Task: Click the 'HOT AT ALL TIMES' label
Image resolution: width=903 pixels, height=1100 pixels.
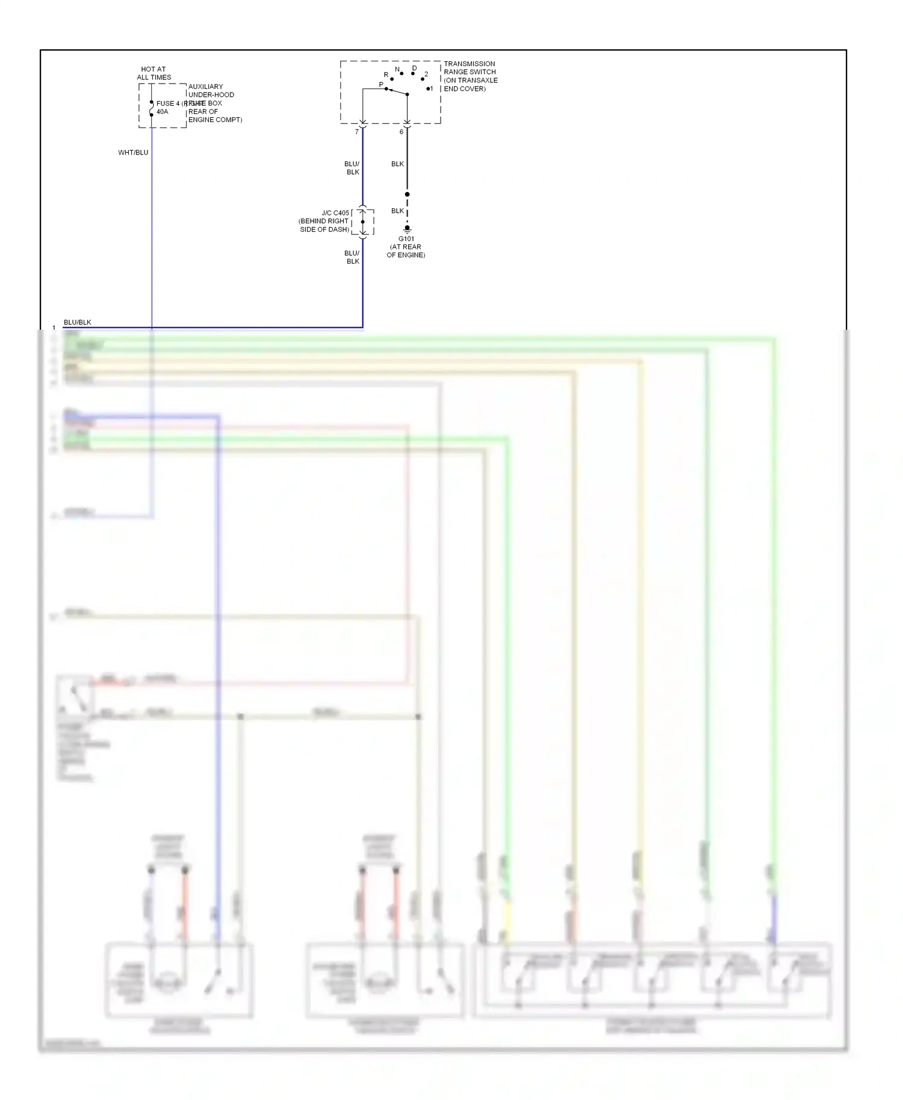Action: (154, 73)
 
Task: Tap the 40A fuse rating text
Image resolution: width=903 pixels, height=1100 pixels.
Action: (163, 112)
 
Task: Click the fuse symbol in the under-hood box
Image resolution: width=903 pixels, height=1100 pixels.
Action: (151, 108)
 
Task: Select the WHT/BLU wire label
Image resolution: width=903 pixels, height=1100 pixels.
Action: (133, 153)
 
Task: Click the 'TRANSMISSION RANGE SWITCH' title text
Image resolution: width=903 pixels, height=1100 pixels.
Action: (470, 68)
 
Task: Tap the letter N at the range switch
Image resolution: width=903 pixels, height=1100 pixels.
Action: (397, 70)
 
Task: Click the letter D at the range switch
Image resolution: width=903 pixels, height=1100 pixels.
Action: (414, 69)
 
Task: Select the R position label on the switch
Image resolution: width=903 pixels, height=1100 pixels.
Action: (386, 75)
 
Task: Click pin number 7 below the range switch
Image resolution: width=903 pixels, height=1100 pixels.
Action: (356, 132)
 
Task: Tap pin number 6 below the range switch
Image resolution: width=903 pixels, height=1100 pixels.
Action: (402, 132)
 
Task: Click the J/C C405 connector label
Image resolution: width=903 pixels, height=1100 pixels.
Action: (335, 213)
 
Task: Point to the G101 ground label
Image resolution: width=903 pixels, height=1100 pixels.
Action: (406, 239)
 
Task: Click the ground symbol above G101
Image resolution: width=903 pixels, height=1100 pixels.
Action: (407, 229)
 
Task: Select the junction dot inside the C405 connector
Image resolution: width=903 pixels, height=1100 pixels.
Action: (362, 222)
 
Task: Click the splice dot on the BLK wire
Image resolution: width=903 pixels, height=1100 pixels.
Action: (407, 194)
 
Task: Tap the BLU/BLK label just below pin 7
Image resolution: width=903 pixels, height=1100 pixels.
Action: (352, 168)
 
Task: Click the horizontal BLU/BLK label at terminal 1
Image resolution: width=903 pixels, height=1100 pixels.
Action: (78, 323)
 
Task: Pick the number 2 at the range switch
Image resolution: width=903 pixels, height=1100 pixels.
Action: (426, 75)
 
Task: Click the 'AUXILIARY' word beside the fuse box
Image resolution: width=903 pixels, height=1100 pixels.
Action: (205, 87)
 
